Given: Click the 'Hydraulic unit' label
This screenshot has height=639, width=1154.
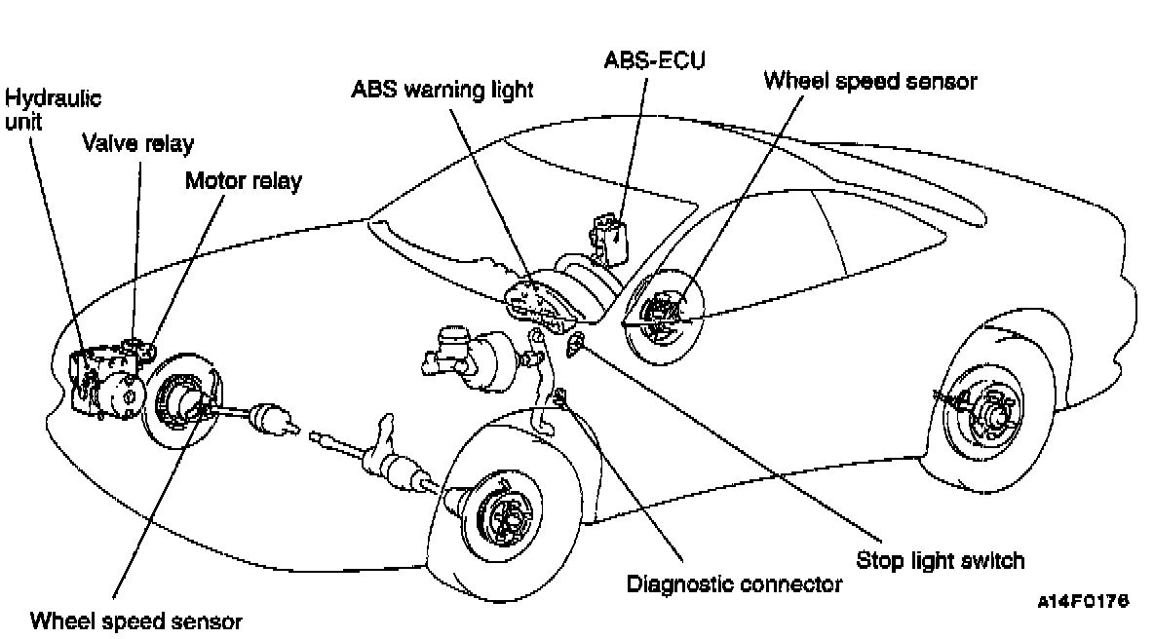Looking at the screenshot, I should point(53,111).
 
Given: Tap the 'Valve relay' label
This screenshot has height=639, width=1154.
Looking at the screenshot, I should point(137,144).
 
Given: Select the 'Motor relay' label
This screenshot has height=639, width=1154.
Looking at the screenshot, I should point(244,180).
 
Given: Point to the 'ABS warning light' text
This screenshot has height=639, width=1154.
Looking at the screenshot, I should point(442,91).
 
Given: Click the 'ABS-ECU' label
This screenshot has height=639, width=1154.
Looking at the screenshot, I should point(654,59).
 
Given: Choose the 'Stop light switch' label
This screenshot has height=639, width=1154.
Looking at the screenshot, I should point(941,560).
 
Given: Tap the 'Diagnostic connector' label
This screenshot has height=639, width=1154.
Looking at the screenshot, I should point(734,584).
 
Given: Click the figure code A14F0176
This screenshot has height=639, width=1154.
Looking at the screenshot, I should point(1083,603).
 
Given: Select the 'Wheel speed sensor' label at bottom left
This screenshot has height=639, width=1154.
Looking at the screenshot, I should point(135,620).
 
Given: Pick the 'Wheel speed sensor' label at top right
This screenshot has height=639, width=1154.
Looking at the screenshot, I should point(869,80).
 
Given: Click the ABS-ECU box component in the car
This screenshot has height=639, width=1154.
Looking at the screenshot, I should point(607,237).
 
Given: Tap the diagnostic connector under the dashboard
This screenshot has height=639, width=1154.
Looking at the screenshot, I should point(560,396).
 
